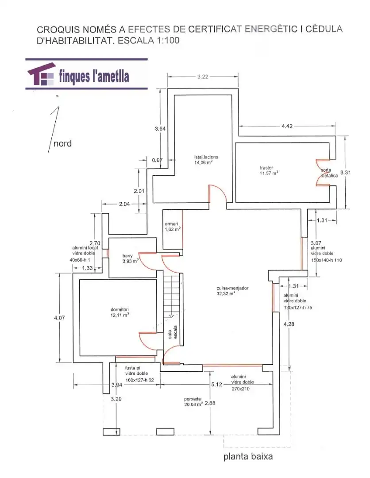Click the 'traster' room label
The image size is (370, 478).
coord(266,168)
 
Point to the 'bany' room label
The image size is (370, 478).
coord(127,256)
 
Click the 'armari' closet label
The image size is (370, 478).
coord(171,224)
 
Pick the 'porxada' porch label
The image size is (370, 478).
coord(193,399)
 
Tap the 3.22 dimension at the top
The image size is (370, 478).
coord(203,77)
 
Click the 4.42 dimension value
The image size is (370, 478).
coord(287,126)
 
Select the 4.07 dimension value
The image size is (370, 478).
coord(59,318)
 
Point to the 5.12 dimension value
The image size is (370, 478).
coord(217,385)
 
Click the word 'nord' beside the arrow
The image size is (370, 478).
coord(62,143)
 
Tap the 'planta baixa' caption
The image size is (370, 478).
coord(248,457)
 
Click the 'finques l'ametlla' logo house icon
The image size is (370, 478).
coord(42,74)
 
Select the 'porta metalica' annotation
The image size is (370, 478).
coord(329,173)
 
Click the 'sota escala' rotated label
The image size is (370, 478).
coord(173,332)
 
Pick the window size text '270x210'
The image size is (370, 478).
coord(240,389)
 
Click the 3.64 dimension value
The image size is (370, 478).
coord(160,129)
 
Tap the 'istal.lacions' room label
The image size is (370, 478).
coord(206,157)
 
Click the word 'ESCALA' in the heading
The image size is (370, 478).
coord(136,41)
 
